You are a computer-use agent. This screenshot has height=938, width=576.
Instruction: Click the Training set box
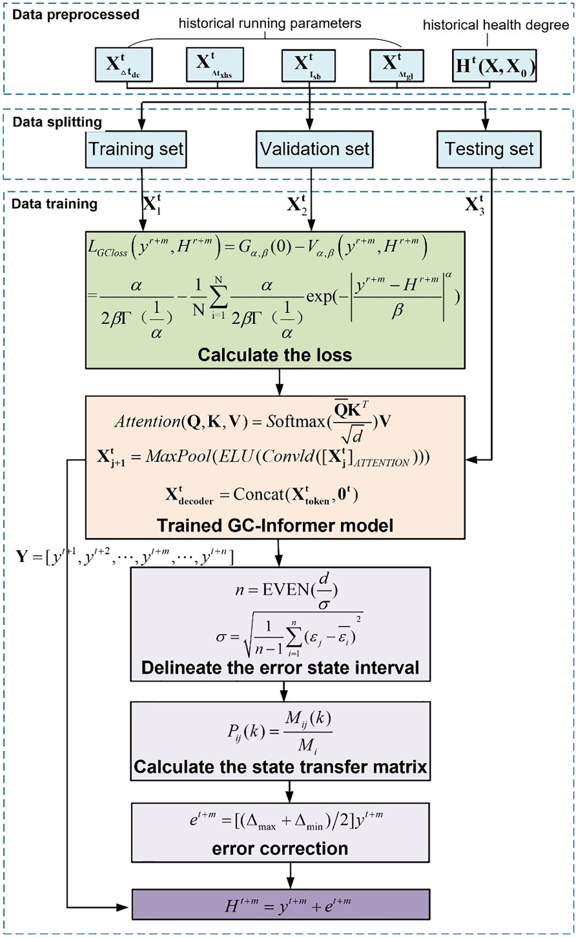click(136, 149)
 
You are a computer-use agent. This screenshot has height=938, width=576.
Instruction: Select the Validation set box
click(314, 149)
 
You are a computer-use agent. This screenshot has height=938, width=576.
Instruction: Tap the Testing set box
click(488, 149)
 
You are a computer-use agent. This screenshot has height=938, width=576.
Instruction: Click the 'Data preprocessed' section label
click(76, 15)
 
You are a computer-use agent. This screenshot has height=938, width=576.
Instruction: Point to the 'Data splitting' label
click(57, 122)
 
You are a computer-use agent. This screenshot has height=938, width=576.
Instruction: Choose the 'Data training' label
click(54, 204)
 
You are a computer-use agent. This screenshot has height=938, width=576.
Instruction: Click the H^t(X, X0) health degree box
click(494, 66)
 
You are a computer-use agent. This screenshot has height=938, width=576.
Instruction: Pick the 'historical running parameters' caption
click(270, 23)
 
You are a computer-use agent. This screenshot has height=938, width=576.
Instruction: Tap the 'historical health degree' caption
click(496, 25)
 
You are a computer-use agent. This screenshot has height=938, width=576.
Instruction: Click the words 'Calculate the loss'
click(275, 355)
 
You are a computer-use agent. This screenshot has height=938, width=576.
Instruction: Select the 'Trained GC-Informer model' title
click(275, 525)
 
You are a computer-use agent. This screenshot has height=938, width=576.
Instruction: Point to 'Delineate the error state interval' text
click(280, 668)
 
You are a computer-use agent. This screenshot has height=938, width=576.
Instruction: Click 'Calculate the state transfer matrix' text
click(280, 767)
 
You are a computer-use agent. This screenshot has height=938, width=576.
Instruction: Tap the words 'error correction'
click(280, 849)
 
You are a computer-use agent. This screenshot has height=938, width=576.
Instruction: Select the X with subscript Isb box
click(308, 66)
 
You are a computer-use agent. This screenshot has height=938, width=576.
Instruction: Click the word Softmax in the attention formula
click(296, 421)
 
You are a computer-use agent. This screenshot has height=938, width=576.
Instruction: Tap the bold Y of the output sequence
click(22, 556)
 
